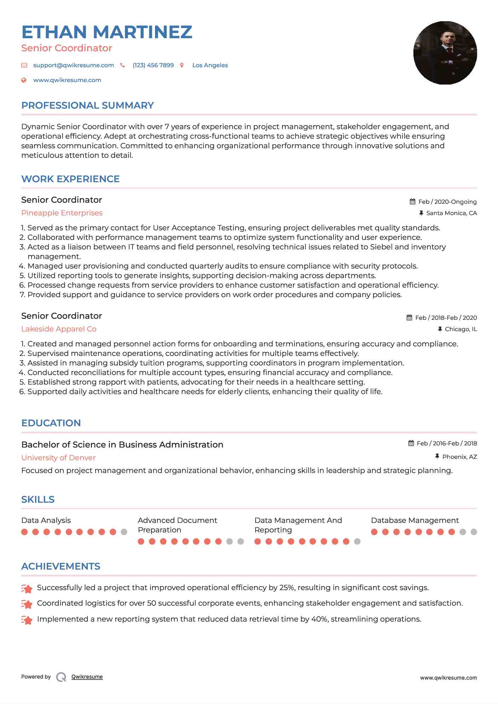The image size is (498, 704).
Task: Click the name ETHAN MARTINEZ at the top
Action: click(107, 32)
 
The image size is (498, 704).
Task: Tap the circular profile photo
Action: click(445, 53)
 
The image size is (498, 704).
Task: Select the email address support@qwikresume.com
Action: click(73, 65)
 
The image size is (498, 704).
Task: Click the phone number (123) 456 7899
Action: click(153, 65)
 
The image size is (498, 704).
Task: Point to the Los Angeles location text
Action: click(210, 65)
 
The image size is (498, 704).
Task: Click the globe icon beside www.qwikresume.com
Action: click(24, 80)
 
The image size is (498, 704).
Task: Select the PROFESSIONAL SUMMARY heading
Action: click(87, 105)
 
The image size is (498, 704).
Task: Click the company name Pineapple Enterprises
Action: click(62, 213)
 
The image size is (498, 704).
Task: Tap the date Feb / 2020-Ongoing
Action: click(447, 202)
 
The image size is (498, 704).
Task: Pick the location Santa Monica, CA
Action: click(451, 213)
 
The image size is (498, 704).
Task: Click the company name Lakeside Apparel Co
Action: click(59, 329)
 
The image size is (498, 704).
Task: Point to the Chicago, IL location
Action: click(460, 329)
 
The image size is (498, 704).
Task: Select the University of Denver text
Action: click(58, 458)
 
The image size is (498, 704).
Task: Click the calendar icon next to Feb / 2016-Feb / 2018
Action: click(411, 443)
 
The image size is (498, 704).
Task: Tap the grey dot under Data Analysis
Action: click(124, 532)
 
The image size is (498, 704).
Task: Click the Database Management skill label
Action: click(414, 520)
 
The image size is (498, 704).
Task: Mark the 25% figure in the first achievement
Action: click(287, 588)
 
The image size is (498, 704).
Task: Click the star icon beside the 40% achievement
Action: click(27, 619)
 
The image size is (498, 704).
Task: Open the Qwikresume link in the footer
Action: click(87, 677)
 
